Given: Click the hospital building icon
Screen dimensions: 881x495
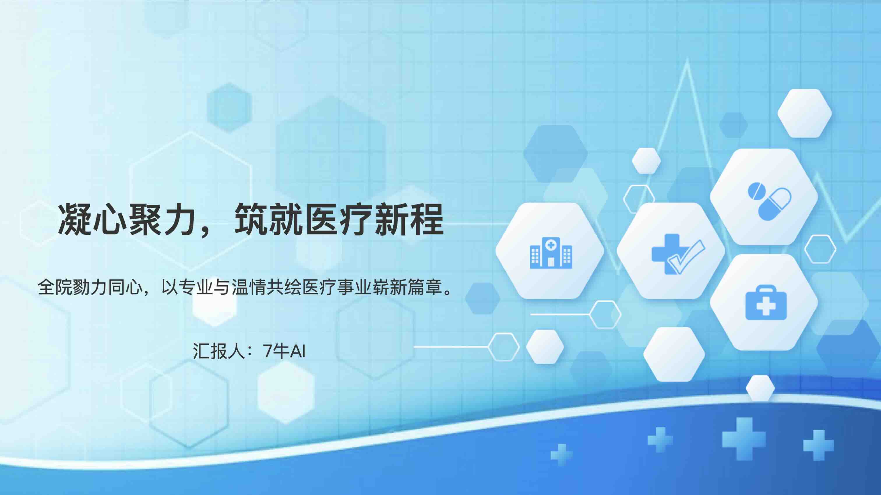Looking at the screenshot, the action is [x=551, y=253].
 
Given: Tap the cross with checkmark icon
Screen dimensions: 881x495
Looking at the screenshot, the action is [x=678, y=254].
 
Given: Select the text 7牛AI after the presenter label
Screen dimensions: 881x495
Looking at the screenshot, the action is [x=284, y=351].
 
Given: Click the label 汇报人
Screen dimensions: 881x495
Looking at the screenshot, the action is [x=219, y=351].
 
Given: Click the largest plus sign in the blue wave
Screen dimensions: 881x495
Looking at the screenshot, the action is [x=743, y=439].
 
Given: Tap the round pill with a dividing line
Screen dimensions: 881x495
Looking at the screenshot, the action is [x=756, y=191].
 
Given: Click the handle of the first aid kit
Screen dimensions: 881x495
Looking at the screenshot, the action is [x=766, y=289].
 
